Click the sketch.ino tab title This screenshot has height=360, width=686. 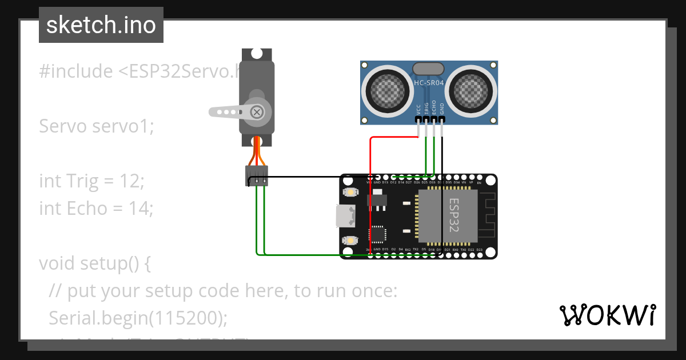(x=101, y=25)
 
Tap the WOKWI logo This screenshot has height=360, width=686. (x=607, y=315)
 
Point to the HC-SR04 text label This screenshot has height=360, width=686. (x=429, y=83)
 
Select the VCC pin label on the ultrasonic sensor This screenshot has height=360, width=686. (x=418, y=109)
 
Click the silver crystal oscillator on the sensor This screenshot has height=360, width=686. (x=428, y=69)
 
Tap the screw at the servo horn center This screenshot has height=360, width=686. (x=258, y=111)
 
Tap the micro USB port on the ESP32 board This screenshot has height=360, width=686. (x=345, y=215)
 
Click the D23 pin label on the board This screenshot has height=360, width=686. (x=479, y=250)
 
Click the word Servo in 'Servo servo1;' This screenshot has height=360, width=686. (x=63, y=126)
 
